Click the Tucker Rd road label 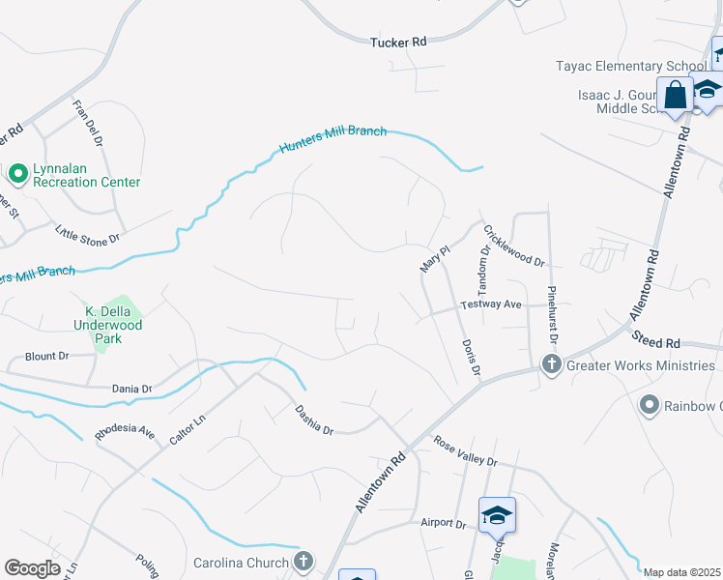click(398, 42)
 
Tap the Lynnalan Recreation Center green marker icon click(17, 174)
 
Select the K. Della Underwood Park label click(114, 319)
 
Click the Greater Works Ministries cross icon click(551, 364)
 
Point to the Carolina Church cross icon click(304, 562)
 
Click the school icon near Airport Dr click(497, 515)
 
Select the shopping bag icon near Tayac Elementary click(675, 96)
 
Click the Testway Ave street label click(491, 304)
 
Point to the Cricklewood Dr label click(514, 246)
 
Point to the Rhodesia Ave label click(125, 432)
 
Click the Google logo click(32, 568)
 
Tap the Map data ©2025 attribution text click(681, 572)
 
